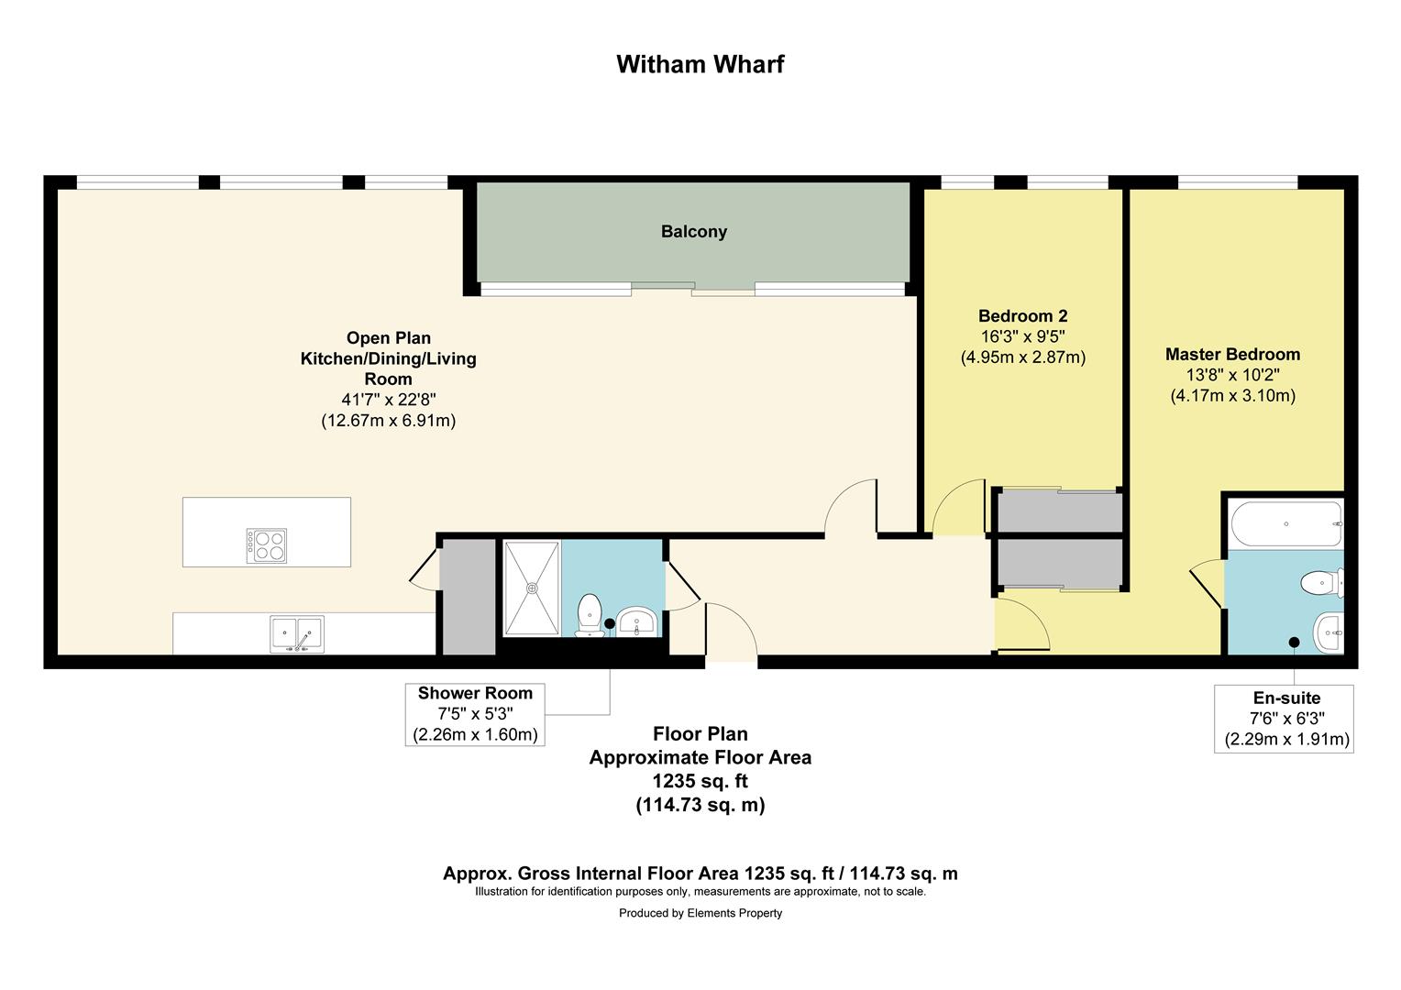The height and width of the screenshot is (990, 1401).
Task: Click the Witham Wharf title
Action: click(700, 64)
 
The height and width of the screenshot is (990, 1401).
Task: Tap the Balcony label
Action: click(694, 232)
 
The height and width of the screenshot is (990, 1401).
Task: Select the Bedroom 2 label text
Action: click(1022, 316)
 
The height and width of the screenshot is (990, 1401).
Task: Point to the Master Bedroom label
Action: click(1232, 355)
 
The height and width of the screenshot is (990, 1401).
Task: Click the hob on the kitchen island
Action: click(266, 545)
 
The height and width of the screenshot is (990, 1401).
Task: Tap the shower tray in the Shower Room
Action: click(532, 587)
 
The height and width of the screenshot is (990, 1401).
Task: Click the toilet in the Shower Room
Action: click(588, 614)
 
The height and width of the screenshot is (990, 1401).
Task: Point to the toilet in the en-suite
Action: click(1321, 582)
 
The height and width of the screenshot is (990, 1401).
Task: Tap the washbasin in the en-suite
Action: click(1329, 632)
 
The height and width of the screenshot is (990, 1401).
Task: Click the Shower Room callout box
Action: click(475, 714)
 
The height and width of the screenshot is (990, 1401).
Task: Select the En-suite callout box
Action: click(1284, 719)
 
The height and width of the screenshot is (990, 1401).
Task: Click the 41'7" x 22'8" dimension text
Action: click(388, 400)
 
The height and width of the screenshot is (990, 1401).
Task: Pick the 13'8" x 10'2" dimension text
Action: click(1232, 375)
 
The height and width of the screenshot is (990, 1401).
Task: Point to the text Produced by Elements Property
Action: click(700, 913)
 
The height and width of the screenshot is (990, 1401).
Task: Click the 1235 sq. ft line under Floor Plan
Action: click(700, 781)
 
